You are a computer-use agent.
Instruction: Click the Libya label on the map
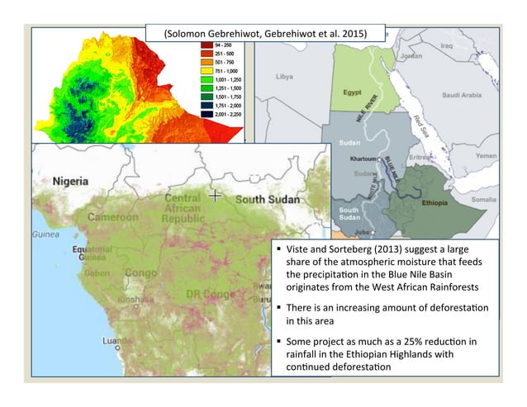pyautogui.click(x=285, y=76)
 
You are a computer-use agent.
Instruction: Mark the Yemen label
pyautogui.click(x=487, y=156)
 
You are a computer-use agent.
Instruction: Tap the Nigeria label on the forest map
pyautogui.click(x=72, y=180)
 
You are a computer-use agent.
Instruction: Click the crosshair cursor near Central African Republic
pyautogui.click(x=215, y=196)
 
